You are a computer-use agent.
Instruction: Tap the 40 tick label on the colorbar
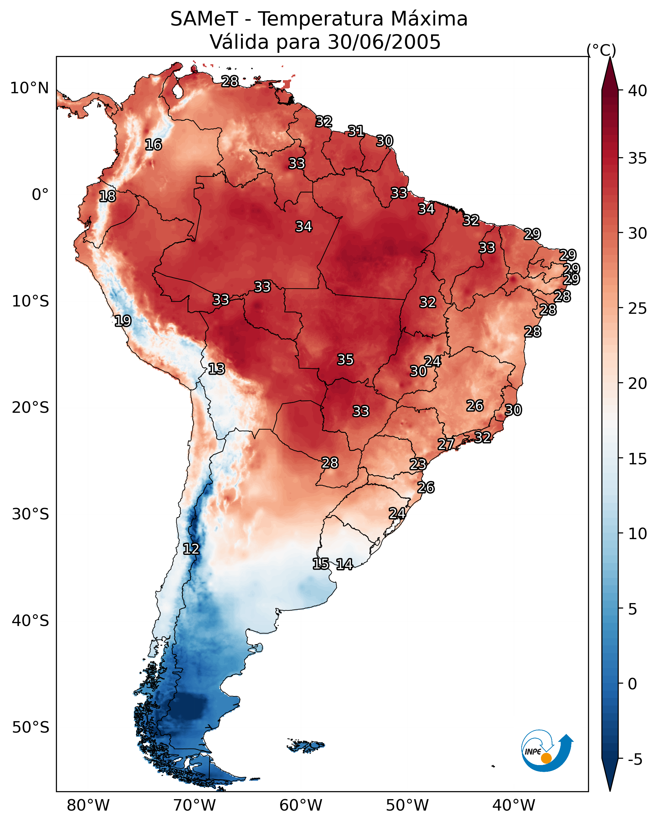[x=637, y=91]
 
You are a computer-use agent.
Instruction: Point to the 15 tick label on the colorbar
[x=637, y=459]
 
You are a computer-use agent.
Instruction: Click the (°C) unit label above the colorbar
[x=601, y=50]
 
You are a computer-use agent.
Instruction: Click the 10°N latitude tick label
[x=29, y=88]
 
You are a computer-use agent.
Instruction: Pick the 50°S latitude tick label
[x=31, y=728]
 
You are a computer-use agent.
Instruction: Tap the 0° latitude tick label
[x=40, y=195]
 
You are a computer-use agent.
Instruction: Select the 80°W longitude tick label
[x=88, y=805]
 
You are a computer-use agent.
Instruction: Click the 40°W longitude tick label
[x=514, y=805]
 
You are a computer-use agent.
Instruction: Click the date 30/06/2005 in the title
[x=384, y=42]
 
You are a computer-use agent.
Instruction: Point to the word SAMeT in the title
[x=204, y=19]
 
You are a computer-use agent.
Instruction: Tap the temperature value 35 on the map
[x=346, y=360]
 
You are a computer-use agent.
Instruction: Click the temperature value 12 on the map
[x=191, y=549]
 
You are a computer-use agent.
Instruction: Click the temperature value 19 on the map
[x=123, y=321]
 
